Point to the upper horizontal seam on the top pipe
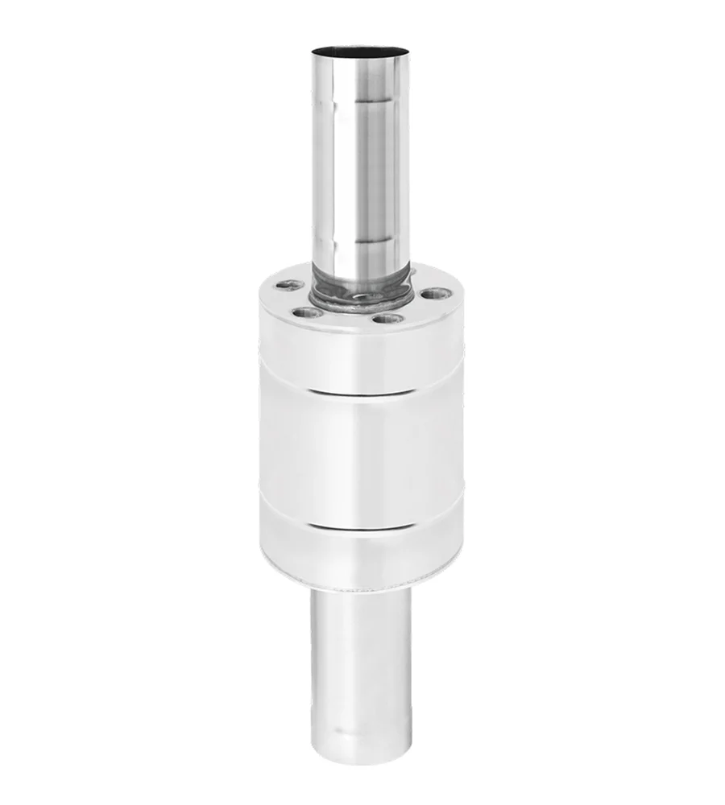(362, 102)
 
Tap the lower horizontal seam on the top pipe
(362, 241)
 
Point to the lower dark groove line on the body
(362, 525)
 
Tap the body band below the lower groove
(362, 555)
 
